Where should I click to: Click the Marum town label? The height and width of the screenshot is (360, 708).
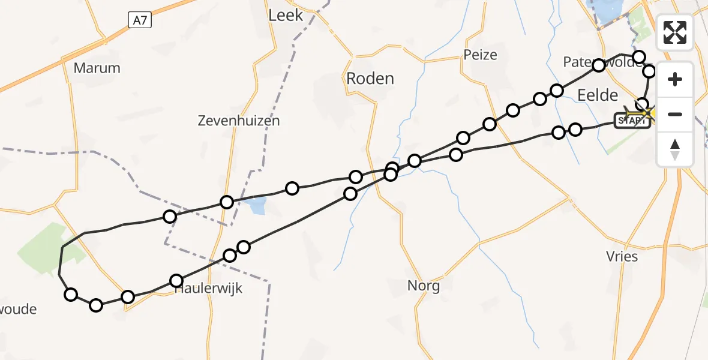[97, 68]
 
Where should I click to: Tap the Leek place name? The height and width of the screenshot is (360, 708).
[286, 15]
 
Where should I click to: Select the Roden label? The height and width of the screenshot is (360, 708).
[370, 79]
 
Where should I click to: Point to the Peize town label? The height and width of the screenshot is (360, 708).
[480, 55]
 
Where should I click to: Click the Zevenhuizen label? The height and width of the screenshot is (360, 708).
[239, 121]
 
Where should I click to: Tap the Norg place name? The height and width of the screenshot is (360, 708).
[424, 286]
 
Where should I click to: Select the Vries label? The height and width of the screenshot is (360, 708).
[622, 257]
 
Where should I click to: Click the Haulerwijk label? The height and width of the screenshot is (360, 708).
[209, 289]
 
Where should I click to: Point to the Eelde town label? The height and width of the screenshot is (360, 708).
[596, 95]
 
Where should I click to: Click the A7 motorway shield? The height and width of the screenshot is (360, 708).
[140, 20]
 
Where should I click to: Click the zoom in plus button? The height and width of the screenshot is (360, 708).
[675, 80]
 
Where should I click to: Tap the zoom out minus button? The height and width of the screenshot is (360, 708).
[675, 114]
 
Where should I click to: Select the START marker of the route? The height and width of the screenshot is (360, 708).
[632, 121]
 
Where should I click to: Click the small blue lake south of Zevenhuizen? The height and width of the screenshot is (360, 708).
[256, 206]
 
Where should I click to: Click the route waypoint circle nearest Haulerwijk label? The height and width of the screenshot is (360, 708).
[176, 280]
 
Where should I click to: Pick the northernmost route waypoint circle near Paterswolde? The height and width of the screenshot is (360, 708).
[639, 57]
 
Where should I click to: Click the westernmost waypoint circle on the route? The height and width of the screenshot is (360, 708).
[71, 294]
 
